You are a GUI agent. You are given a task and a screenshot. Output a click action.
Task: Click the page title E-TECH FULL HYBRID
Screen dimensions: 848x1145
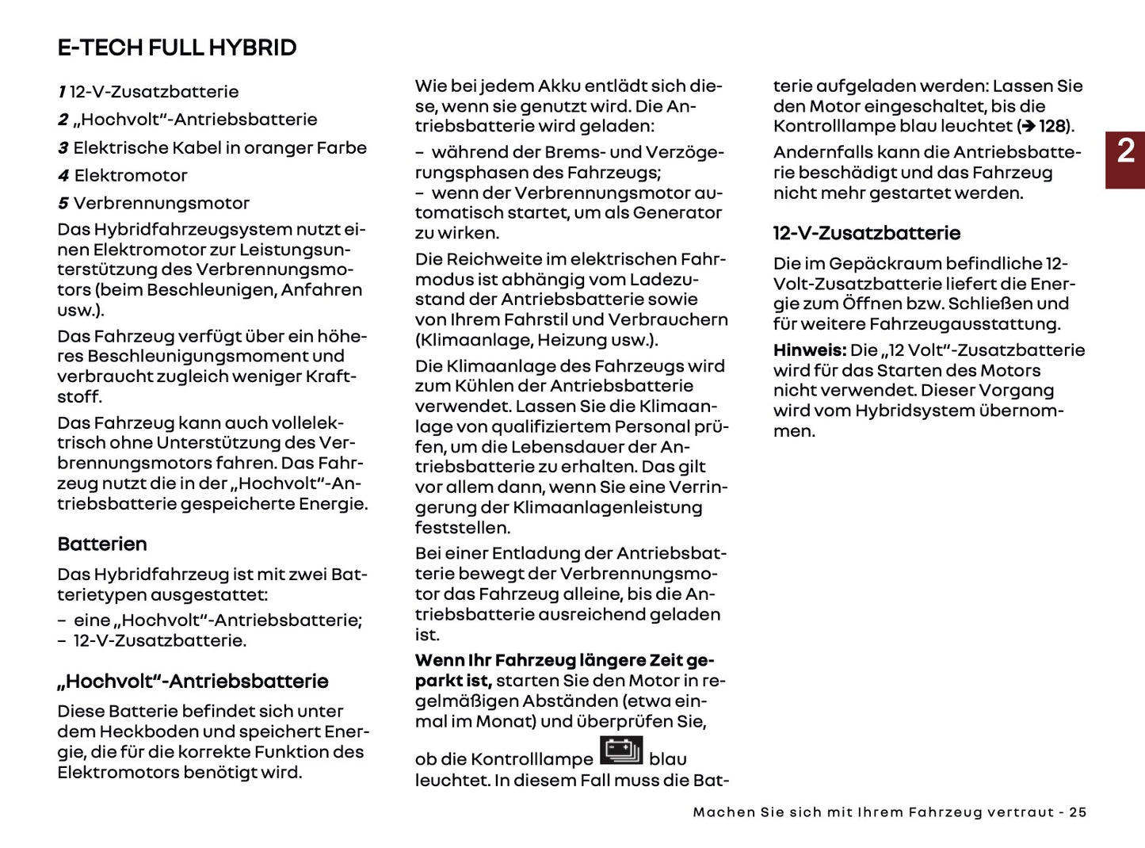[x=177, y=48]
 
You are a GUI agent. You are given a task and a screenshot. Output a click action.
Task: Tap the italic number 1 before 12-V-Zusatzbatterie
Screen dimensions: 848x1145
[x=62, y=92]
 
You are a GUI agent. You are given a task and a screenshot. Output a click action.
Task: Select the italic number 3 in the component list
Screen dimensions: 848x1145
[x=63, y=148]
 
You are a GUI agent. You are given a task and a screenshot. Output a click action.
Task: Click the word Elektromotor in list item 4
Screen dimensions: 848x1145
[x=131, y=176]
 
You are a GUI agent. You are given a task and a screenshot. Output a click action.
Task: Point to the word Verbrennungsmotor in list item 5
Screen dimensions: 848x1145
[x=161, y=204]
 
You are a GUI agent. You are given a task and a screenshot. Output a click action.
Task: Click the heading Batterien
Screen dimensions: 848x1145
[x=102, y=544]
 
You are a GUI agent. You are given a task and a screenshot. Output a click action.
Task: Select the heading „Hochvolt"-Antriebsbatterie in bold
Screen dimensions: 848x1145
[x=193, y=682]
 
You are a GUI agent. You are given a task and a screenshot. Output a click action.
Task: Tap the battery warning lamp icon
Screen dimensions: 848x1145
[x=621, y=751]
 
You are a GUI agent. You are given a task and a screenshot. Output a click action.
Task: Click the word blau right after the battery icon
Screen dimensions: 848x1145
[x=667, y=759]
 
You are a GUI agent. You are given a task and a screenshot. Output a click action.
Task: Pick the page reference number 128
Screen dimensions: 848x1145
[x=1051, y=127]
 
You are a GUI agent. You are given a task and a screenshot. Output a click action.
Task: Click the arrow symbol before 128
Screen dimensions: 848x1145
[x=1028, y=127]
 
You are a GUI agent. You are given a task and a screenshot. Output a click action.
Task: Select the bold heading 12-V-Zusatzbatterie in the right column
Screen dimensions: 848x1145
[x=866, y=234]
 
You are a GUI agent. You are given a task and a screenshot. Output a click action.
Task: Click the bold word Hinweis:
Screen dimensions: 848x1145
[x=809, y=350]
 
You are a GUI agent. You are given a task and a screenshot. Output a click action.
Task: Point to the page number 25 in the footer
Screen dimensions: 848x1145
[x=1078, y=812]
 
